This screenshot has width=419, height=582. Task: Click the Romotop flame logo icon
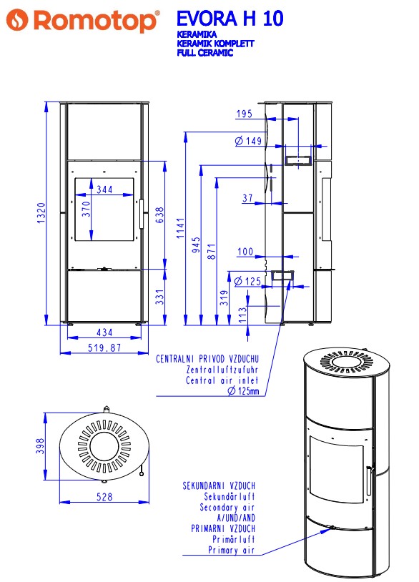(x=17, y=20)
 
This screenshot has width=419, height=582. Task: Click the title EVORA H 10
(x=230, y=18)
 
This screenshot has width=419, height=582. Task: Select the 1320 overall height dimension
(x=41, y=212)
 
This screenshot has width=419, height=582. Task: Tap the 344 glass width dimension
(x=104, y=189)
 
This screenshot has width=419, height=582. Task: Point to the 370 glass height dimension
(x=86, y=209)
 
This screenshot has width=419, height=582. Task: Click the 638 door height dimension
(x=159, y=215)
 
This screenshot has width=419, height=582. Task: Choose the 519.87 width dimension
(x=104, y=347)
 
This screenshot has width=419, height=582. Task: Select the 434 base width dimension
(x=104, y=332)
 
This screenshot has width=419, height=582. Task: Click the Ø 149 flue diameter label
(x=248, y=141)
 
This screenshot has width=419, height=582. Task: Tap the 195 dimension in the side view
(x=245, y=114)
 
